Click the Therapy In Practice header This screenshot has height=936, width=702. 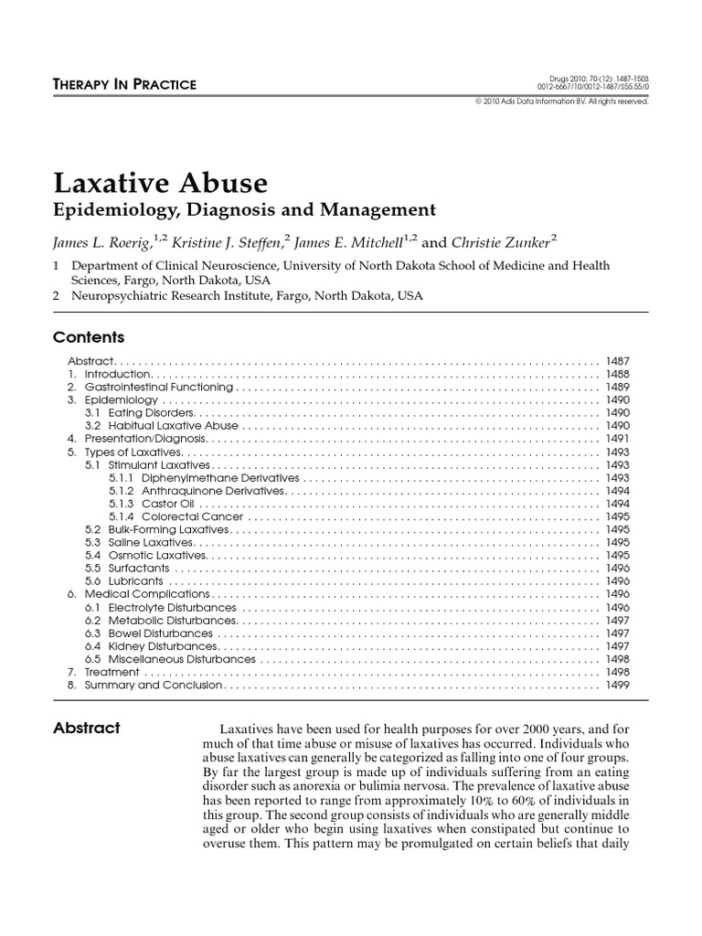click(125, 84)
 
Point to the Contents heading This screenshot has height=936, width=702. click(89, 336)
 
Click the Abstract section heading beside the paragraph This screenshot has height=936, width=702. click(87, 728)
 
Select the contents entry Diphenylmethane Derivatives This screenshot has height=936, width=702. click(204, 477)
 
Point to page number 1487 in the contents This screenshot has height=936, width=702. click(618, 362)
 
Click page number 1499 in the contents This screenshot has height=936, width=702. click(618, 685)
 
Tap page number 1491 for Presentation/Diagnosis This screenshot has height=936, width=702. click(618, 439)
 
